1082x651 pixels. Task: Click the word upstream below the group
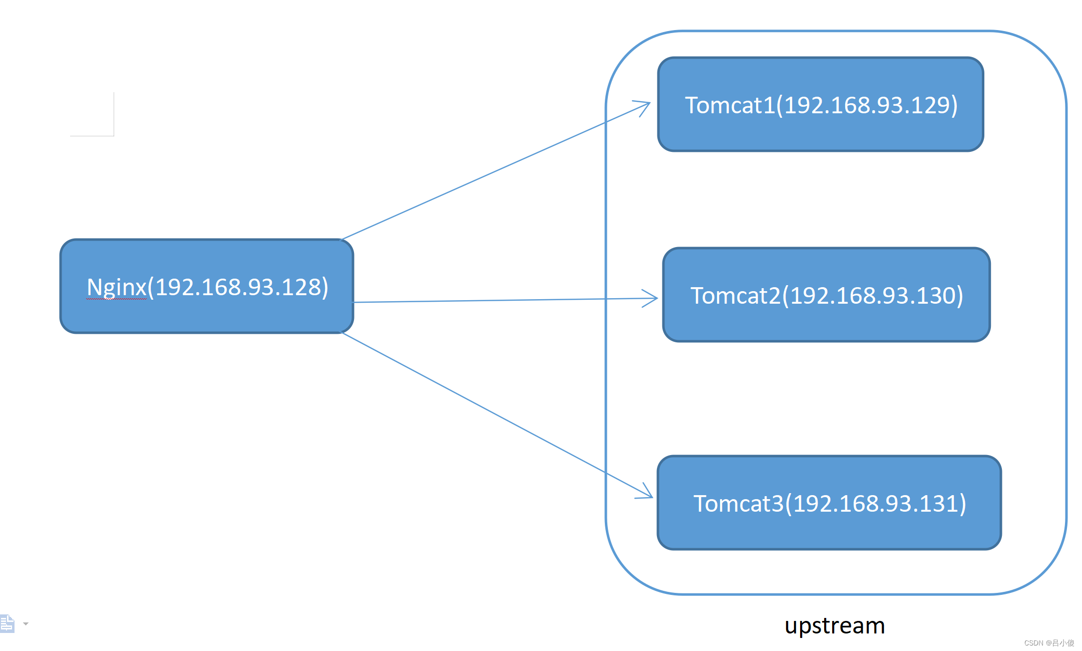(x=835, y=625)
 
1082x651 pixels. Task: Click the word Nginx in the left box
(x=116, y=287)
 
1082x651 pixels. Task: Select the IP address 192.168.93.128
(x=241, y=287)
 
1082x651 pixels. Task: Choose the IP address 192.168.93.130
(x=873, y=296)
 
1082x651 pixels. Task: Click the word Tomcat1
(x=730, y=105)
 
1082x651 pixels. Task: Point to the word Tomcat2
(x=735, y=296)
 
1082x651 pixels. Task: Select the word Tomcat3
(x=738, y=504)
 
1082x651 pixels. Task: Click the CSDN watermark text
(x=1049, y=643)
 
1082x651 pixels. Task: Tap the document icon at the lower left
(x=8, y=623)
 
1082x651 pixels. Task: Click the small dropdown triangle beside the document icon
(x=26, y=624)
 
